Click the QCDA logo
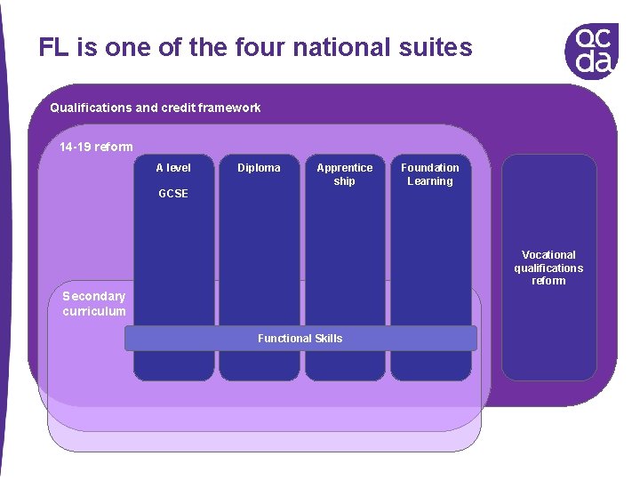(591, 51)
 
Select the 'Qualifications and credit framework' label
(156, 108)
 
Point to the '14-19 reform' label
(96, 147)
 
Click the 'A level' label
(173, 167)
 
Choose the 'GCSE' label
(173, 193)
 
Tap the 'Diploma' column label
(259, 167)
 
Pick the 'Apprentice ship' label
(345, 174)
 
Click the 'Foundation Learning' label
(430, 174)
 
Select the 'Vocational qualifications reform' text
(548, 268)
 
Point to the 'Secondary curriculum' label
(94, 303)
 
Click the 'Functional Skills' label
(300, 338)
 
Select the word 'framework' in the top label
(229, 108)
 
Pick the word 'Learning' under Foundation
(430, 181)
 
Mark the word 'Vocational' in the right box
(548, 254)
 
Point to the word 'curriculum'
(94, 311)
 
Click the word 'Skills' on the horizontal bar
(326, 338)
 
